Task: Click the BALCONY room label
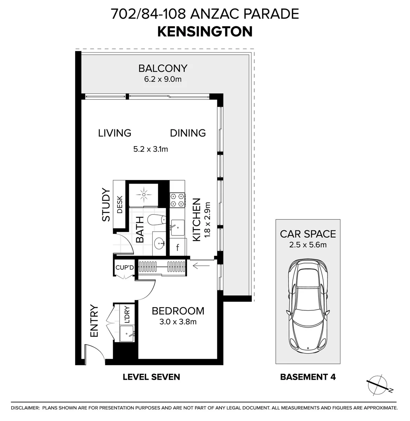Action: (x=163, y=69)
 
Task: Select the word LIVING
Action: (x=114, y=133)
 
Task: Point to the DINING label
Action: (x=188, y=133)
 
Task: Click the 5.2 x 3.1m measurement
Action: (x=151, y=149)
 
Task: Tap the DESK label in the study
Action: (x=120, y=205)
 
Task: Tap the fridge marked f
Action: (x=178, y=247)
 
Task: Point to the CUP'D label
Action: (x=125, y=268)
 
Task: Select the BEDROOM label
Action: (x=178, y=311)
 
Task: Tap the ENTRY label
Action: (x=94, y=321)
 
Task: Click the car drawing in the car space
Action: (x=308, y=304)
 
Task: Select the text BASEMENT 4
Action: (x=308, y=377)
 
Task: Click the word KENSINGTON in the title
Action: (x=205, y=32)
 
